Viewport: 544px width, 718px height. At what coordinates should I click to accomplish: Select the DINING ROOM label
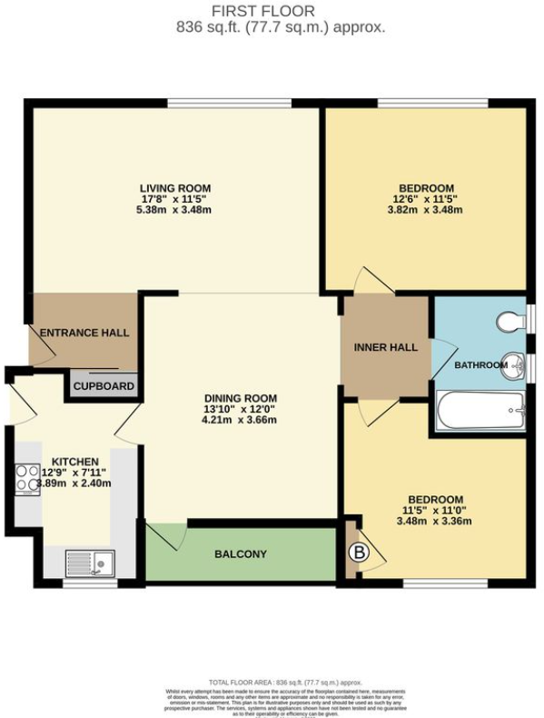[240, 398]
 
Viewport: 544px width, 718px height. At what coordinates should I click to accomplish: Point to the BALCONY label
[240, 553]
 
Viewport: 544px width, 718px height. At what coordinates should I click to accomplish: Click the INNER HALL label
[385, 346]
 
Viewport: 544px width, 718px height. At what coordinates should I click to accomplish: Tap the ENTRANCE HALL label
[84, 333]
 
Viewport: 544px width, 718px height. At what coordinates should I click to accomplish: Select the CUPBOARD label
[104, 386]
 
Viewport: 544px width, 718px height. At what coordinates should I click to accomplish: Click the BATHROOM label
[480, 365]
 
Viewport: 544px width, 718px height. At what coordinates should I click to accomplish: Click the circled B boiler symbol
[358, 551]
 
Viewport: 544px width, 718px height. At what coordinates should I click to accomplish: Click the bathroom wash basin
[515, 365]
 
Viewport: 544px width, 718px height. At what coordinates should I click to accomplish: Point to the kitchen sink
[88, 563]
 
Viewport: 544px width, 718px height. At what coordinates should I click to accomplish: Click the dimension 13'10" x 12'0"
[240, 410]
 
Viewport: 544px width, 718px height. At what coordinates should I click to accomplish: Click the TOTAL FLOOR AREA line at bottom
[285, 682]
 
